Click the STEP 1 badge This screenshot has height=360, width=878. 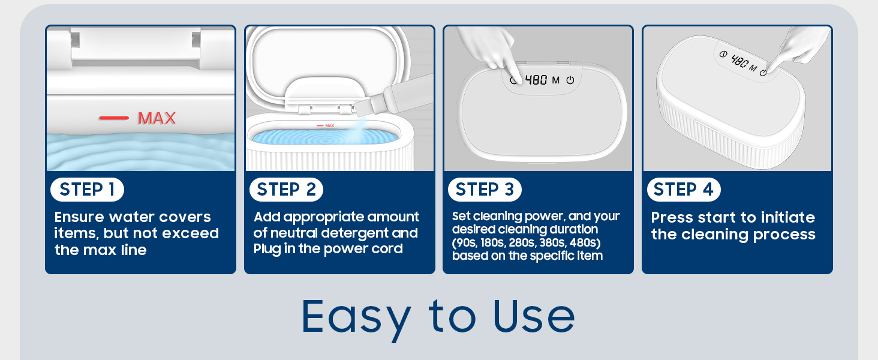(87, 190)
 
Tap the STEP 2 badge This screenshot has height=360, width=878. (286, 190)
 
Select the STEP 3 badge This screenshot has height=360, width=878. (485, 190)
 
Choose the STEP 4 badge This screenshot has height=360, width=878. (684, 190)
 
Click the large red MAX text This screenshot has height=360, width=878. (157, 118)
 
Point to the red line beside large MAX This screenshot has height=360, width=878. (114, 118)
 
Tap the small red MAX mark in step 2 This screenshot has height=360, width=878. (326, 125)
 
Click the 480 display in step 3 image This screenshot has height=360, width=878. (536, 80)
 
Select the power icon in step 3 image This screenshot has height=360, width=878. (570, 80)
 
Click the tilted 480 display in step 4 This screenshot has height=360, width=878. (740, 61)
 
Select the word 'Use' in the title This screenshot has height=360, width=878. (534, 317)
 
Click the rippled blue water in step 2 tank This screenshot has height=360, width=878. (325, 137)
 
